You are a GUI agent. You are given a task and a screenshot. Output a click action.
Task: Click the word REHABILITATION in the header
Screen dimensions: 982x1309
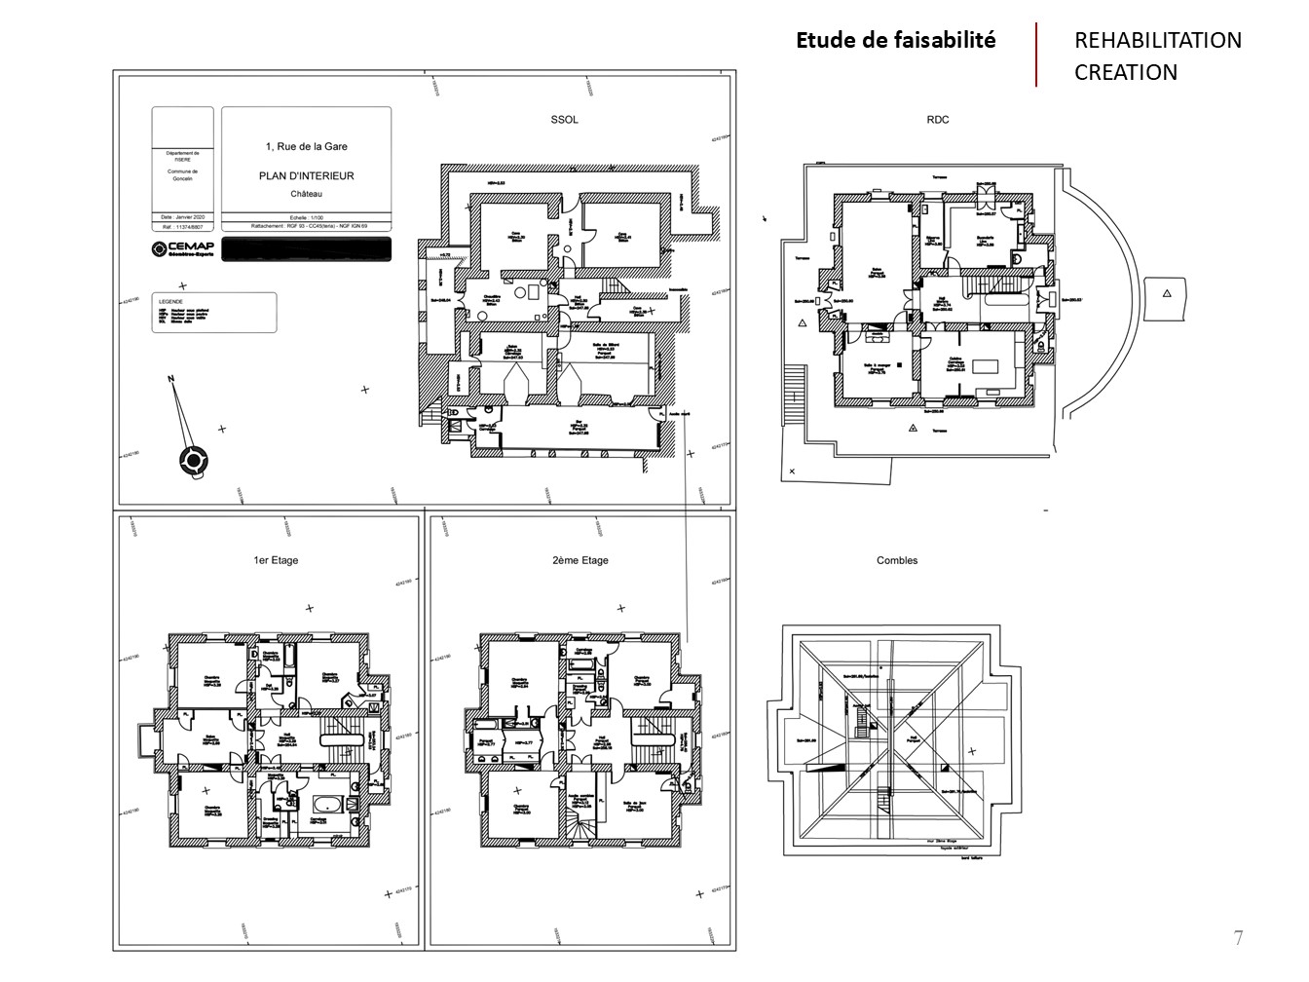pos(1158,40)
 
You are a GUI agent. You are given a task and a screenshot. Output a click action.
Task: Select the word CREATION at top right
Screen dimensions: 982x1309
pos(1126,72)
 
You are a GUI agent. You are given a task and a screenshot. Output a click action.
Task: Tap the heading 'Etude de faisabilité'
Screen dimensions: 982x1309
pos(896,40)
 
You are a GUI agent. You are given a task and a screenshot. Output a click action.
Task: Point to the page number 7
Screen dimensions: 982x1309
pos(1238,938)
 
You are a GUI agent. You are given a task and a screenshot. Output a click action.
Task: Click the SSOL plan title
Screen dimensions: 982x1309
pos(564,120)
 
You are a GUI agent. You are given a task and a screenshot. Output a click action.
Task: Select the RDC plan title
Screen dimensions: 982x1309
pos(938,120)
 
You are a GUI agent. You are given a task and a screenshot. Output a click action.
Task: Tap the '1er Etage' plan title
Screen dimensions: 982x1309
pos(276,560)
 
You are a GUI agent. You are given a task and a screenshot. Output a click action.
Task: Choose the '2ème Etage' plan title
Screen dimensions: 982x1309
pos(580,560)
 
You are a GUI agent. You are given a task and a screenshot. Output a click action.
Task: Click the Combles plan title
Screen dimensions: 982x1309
pos(897,560)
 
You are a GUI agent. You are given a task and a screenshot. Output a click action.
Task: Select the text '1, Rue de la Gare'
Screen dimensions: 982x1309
pos(306,146)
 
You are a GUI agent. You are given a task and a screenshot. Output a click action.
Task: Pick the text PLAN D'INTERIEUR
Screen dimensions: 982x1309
pos(306,176)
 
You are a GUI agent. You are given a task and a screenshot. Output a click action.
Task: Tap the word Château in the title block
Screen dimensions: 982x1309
pos(306,194)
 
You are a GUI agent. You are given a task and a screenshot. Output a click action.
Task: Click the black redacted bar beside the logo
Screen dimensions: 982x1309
pos(306,248)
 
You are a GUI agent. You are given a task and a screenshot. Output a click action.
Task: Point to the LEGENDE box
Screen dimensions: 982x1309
pos(213,313)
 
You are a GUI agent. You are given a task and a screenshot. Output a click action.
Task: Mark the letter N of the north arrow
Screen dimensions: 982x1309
pos(170,378)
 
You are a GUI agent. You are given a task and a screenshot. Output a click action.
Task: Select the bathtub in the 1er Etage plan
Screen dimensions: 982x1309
pos(327,804)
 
